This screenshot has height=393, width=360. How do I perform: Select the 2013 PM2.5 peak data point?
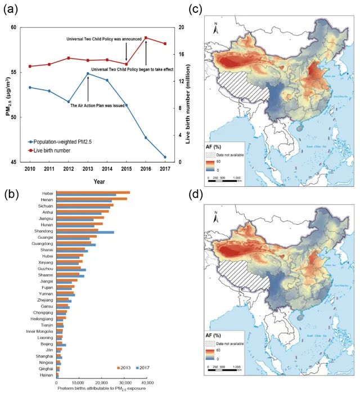pyautogui.click(x=88, y=74)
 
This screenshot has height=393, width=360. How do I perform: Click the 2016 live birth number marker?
pyautogui.click(x=146, y=38)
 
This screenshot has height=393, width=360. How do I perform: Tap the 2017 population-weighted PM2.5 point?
pyautogui.click(x=165, y=157)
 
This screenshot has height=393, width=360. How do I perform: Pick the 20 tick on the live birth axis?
pyautogui.click(x=179, y=27)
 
